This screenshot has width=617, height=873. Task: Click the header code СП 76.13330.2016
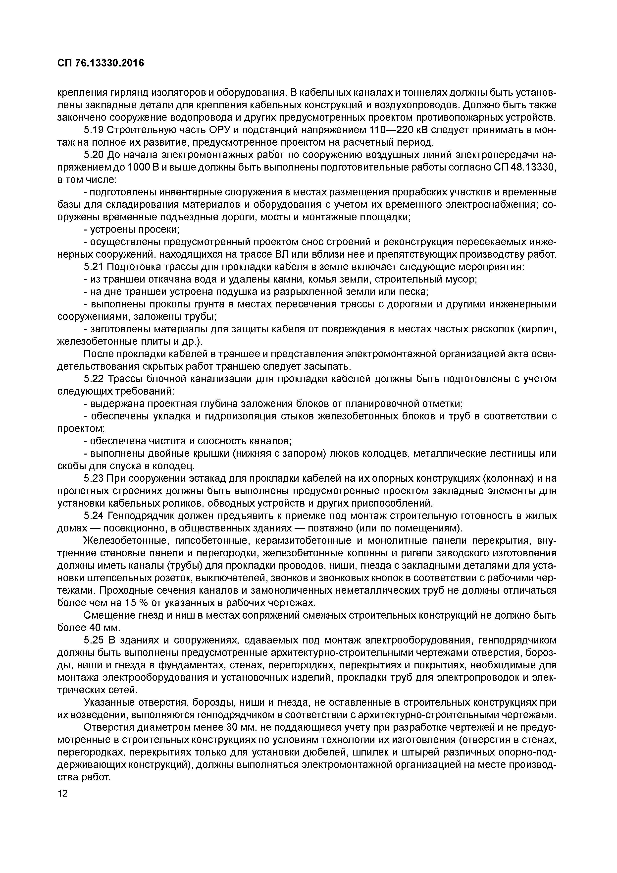101,63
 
